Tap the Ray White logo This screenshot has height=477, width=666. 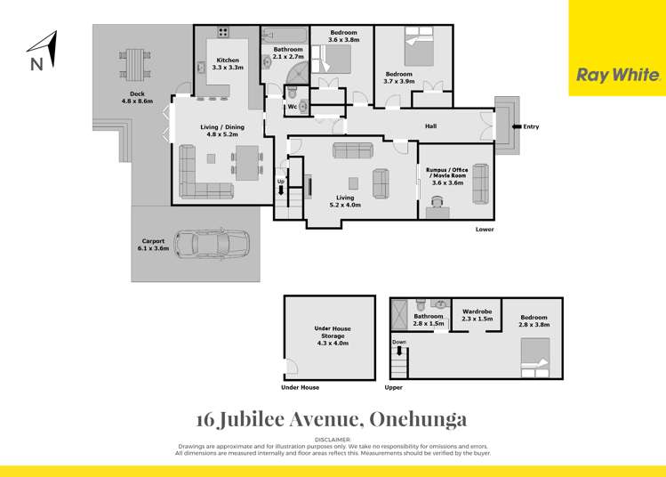[x=616, y=76]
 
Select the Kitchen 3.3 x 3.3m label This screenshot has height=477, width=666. [x=229, y=64]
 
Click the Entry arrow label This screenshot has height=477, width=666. [x=525, y=126]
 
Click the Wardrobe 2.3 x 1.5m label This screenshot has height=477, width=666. [x=477, y=315]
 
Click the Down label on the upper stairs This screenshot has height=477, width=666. [x=399, y=342]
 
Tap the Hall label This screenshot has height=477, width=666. [x=430, y=126]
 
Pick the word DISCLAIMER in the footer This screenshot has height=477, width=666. [x=333, y=440]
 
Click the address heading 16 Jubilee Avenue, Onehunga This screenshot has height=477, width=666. [x=331, y=418]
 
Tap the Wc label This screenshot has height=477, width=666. [x=292, y=107]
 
